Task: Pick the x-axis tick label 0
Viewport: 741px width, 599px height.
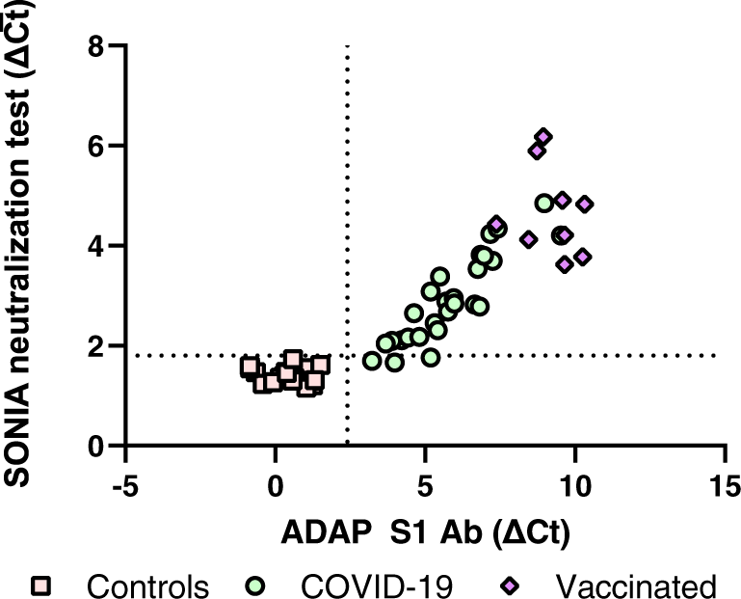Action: click(276, 483)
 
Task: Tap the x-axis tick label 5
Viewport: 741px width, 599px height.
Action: click(425, 483)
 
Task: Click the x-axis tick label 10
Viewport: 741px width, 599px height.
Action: click(574, 483)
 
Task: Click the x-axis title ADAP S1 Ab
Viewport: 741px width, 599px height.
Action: click(426, 531)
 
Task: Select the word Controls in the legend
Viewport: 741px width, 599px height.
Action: click(146, 585)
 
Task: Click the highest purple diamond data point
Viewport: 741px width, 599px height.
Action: click(543, 137)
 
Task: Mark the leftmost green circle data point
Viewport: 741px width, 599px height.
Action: click(373, 361)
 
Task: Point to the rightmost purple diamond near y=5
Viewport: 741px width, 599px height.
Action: click(584, 204)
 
